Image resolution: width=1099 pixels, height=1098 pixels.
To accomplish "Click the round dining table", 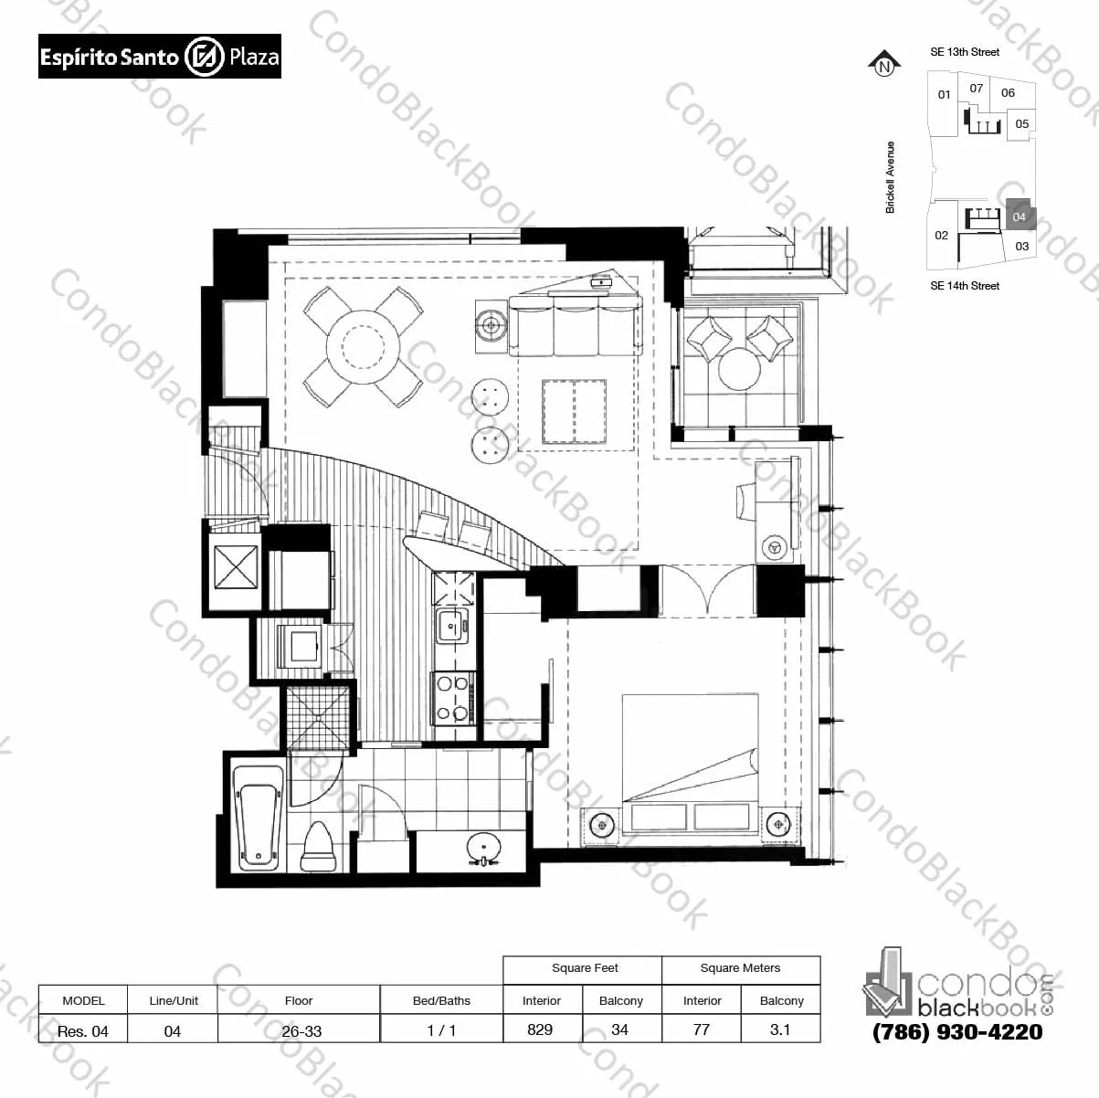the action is click(x=363, y=346).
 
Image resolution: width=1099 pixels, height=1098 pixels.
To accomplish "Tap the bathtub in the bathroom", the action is click(x=258, y=818).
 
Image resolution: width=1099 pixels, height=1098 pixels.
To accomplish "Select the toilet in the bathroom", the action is click(x=318, y=847).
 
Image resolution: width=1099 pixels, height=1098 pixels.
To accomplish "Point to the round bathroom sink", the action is click(x=483, y=849).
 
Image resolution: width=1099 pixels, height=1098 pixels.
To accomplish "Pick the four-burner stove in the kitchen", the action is click(x=453, y=698).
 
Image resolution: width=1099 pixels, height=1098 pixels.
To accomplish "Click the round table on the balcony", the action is click(x=739, y=369).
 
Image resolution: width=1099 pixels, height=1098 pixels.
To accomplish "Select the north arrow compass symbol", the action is click(x=884, y=63).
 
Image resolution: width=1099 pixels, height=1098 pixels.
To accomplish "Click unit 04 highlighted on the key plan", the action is click(x=1020, y=215).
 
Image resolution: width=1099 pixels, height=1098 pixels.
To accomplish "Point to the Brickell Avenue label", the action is click(x=890, y=177).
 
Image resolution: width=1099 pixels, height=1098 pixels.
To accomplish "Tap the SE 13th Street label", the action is click(x=965, y=52).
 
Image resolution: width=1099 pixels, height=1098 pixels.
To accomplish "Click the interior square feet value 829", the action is click(x=540, y=1029).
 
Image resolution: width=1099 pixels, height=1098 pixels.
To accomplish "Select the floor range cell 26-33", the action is click(x=301, y=1030).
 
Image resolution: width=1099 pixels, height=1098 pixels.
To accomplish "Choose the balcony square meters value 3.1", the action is click(x=779, y=1029).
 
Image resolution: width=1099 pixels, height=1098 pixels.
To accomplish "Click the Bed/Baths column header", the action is click(x=441, y=1000).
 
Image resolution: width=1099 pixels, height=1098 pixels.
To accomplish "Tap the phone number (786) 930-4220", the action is click(x=957, y=1047).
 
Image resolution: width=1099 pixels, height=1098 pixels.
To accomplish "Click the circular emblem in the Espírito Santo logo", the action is click(x=204, y=57).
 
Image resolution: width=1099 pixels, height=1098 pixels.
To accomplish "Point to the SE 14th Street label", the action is click(x=965, y=286).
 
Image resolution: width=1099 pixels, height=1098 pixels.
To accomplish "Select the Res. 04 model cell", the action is click(x=83, y=1030).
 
